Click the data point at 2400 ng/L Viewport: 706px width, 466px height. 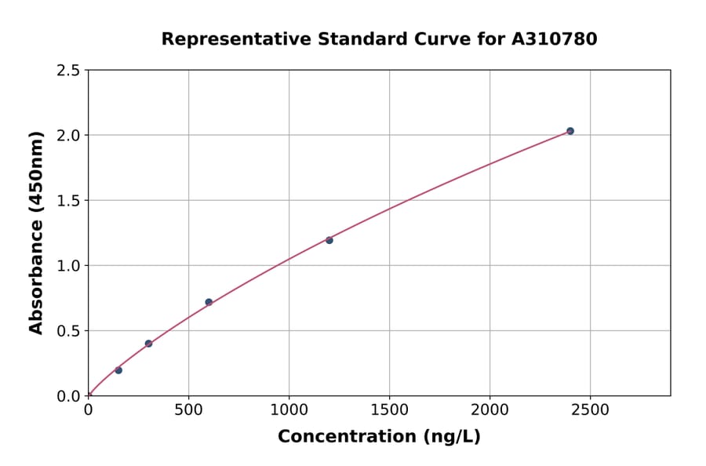pyautogui.click(x=570, y=131)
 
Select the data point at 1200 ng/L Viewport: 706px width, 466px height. pyautogui.click(x=329, y=240)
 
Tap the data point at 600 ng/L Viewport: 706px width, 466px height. pyautogui.click(x=209, y=302)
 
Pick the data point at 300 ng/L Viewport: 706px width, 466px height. pyautogui.click(x=148, y=344)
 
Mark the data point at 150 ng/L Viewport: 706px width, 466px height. pyautogui.click(x=118, y=370)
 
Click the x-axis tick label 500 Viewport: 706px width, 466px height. pyautogui.click(x=188, y=410)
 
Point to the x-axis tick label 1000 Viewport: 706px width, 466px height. pyautogui.click(x=289, y=410)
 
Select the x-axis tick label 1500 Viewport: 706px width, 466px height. pyautogui.click(x=389, y=410)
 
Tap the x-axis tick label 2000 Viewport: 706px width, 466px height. pyautogui.click(x=489, y=410)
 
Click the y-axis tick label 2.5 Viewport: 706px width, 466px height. pyautogui.click(x=68, y=71)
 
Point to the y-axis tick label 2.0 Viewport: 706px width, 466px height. pyautogui.click(x=68, y=136)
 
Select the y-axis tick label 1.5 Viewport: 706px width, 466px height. pyautogui.click(x=68, y=201)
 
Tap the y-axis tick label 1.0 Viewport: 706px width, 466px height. pyautogui.click(x=68, y=266)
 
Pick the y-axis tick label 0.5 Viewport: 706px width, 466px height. pyautogui.click(x=68, y=331)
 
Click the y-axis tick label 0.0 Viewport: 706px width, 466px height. pyautogui.click(x=68, y=396)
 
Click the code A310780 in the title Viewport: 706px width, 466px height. pyautogui.click(x=555, y=38)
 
